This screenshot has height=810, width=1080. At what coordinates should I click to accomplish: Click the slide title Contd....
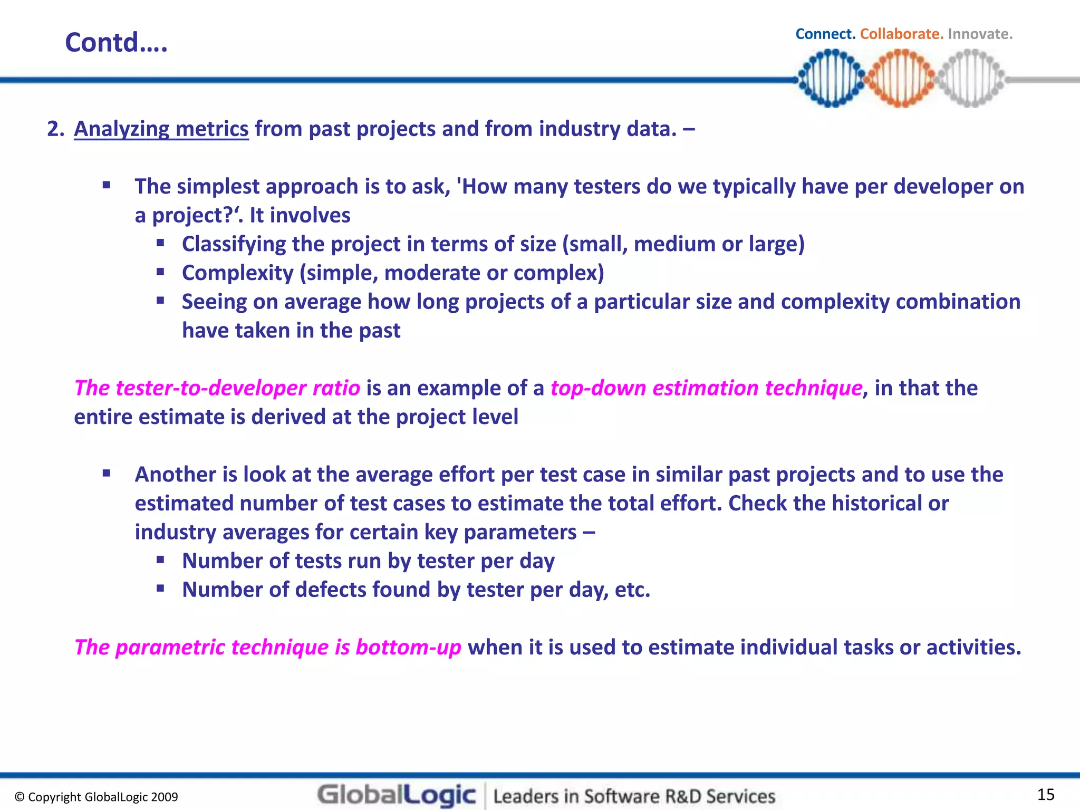(116, 42)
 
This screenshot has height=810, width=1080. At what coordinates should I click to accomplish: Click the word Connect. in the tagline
(825, 34)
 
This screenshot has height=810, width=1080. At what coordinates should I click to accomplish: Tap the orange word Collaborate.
(901, 34)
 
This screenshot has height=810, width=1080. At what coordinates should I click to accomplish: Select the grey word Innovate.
(980, 34)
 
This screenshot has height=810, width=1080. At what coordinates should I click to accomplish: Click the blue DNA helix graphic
(831, 79)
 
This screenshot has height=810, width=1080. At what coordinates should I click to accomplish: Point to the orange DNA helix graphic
(901, 79)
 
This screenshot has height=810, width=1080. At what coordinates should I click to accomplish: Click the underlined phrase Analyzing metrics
(161, 129)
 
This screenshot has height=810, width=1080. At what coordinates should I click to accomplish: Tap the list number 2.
(55, 129)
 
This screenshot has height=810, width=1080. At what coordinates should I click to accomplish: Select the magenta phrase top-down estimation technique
(706, 388)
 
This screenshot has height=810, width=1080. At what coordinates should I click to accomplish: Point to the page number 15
(1046, 794)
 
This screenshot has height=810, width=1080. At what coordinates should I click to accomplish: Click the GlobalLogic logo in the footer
(397, 795)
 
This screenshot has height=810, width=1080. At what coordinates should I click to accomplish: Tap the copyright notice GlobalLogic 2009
(97, 797)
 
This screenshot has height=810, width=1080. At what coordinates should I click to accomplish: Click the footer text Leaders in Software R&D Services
(634, 796)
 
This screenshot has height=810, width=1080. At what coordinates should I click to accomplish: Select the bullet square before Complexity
(160, 272)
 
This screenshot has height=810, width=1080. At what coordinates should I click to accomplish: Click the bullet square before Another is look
(107, 473)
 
